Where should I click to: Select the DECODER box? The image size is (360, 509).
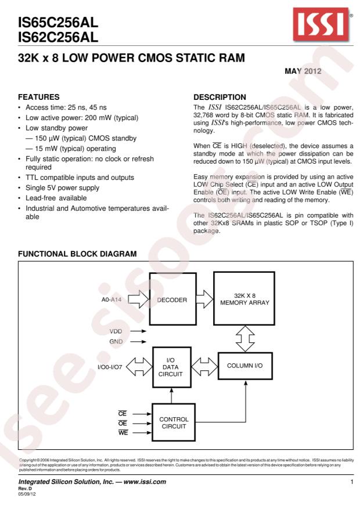pyautogui.click(x=172, y=300)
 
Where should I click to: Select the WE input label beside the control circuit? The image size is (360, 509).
pyautogui.click(x=123, y=433)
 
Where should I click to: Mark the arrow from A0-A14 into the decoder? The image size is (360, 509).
pyautogui.click(x=138, y=300)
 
